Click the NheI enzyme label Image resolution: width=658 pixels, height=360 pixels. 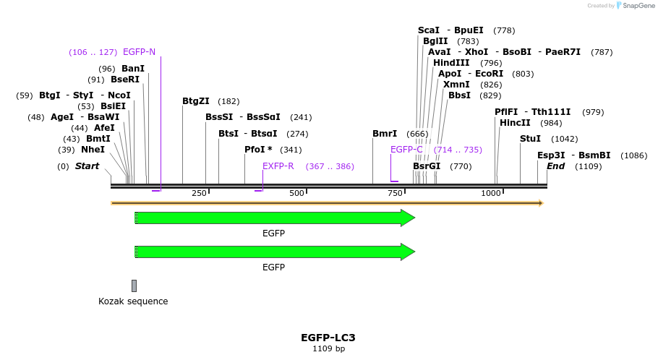click(x=93, y=150)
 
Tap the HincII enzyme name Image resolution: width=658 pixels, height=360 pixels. click(x=515, y=123)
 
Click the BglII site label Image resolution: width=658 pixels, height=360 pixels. click(x=435, y=41)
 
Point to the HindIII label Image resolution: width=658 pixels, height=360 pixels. click(x=451, y=63)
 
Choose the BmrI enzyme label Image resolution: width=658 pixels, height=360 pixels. click(x=385, y=134)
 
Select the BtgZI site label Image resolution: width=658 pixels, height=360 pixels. click(x=196, y=101)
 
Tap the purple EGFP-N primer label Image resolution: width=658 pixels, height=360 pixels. click(x=139, y=52)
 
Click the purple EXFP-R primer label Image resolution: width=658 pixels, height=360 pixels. click(x=278, y=166)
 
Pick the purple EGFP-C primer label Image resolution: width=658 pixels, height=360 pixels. click(x=406, y=150)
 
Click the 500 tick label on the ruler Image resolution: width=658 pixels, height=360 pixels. click(x=296, y=193)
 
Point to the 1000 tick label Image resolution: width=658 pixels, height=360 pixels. click(x=491, y=193)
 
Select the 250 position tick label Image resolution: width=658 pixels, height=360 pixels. click(x=199, y=193)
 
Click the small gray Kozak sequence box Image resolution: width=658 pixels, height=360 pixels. click(x=134, y=286)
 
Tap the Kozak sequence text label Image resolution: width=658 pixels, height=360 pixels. click(x=133, y=301)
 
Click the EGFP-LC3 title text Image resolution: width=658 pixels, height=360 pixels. click(x=328, y=338)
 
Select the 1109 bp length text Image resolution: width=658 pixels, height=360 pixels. click(x=328, y=349)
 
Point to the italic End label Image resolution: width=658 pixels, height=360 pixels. click(x=555, y=166)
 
